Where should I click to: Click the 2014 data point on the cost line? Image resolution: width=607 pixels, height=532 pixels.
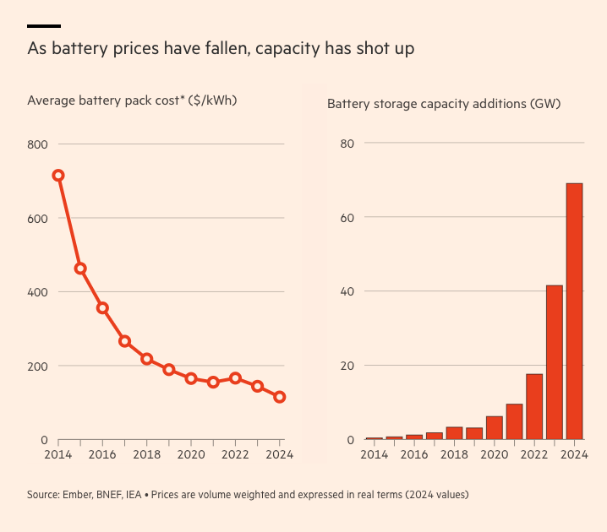pyautogui.click(x=58, y=176)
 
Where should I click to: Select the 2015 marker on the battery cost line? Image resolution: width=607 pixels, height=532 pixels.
pyautogui.click(x=80, y=269)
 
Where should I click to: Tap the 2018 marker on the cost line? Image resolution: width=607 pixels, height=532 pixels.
pyautogui.click(x=146, y=359)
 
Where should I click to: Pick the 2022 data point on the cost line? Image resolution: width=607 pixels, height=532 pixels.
pyautogui.click(x=235, y=378)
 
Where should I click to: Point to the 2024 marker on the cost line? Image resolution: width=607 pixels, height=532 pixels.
pyautogui.click(x=280, y=397)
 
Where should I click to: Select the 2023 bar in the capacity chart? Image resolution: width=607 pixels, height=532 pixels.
pyautogui.click(x=554, y=362)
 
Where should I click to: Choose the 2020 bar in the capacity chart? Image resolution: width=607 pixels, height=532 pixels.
pyautogui.click(x=495, y=427)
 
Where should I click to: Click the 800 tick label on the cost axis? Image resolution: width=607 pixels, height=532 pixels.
pyautogui.click(x=37, y=144)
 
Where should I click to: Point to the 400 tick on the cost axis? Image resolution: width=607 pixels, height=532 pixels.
pyautogui.click(x=37, y=292)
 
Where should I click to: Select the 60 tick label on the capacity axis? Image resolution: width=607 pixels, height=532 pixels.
pyautogui.click(x=346, y=218)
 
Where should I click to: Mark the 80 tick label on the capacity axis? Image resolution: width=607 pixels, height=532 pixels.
pyautogui.click(x=346, y=144)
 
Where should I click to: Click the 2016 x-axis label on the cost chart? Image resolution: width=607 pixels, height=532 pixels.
pyautogui.click(x=101, y=454)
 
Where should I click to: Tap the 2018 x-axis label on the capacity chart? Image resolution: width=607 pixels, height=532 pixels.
pyautogui.click(x=454, y=454)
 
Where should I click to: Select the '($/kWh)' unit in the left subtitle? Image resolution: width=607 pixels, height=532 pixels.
pyautogui.click(x=212, y=100)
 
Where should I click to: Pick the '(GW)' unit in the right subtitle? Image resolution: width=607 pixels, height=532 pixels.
pyautogui.click(x=545, y=105)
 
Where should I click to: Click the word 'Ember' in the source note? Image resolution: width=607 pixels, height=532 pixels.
pyautogui.click(x=81, y=494)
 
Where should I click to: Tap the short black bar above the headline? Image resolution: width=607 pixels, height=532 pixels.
pyautogui.click(x=44, y=26)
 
